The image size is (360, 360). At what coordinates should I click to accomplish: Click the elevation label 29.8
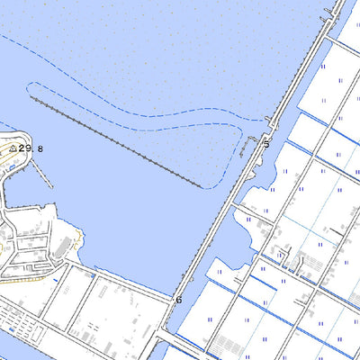click(31, 148)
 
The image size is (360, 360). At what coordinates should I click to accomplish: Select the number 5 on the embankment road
click(266, 144)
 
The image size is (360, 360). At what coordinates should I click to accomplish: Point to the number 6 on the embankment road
click(178, 300)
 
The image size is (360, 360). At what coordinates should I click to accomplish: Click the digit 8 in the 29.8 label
click(40, 148)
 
